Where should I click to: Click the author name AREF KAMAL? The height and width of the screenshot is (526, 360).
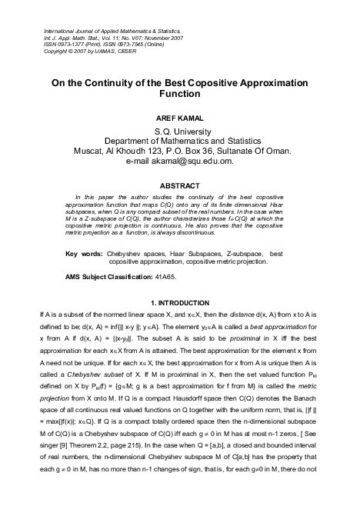[179, 119]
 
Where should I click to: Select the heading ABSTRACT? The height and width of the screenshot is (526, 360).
[179, 186]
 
